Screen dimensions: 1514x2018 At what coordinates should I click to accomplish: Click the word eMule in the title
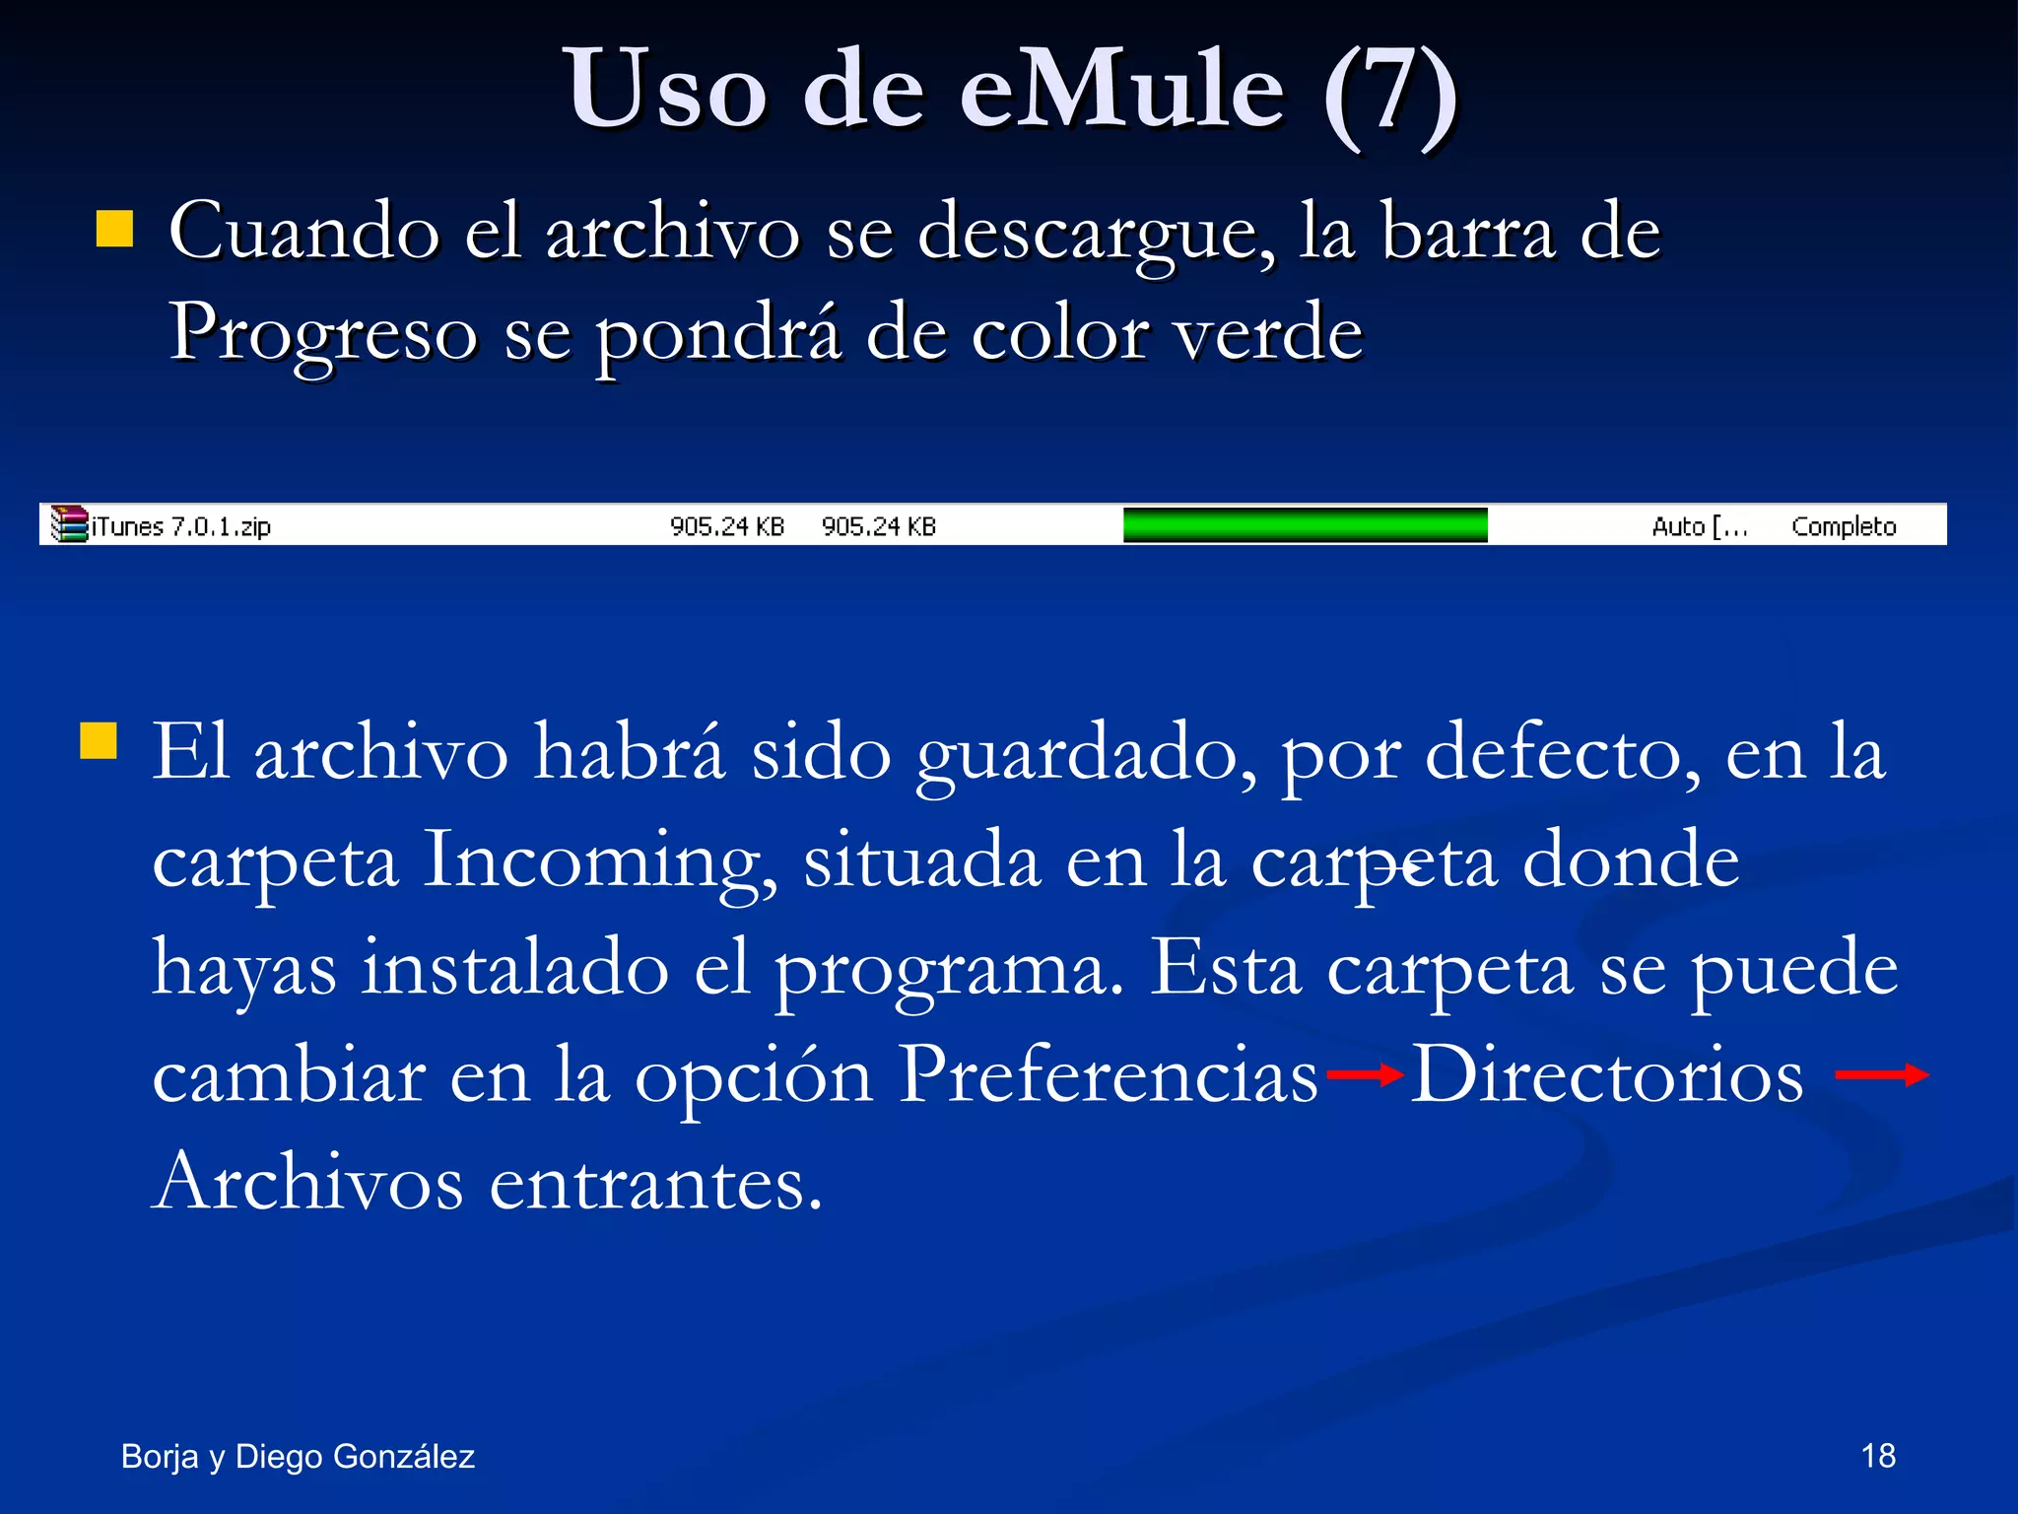point(1122,91)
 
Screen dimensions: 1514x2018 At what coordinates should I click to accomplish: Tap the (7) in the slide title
point(1388,94)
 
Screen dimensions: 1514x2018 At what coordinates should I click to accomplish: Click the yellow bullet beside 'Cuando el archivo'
point(115,229)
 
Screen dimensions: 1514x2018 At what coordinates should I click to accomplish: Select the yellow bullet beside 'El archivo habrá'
point(99,741)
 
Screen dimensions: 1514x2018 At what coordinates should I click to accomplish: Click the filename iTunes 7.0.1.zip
point(181,526)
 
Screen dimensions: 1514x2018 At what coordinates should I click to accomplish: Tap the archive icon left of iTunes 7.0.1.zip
point(69,524)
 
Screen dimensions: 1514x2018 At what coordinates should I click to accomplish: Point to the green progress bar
point(1305,524)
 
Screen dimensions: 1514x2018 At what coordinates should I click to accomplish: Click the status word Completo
point(1843,526)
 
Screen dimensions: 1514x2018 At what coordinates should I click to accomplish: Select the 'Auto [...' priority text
point(1699,526)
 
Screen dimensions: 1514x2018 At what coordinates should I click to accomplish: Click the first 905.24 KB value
point(727,526)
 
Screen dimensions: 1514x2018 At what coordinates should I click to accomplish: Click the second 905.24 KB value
point(878,526)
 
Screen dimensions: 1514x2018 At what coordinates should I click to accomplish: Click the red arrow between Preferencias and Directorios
point(1365,1074)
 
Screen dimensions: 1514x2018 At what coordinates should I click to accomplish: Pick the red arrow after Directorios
point(1881,1074)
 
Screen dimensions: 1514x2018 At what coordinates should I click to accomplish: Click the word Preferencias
point(1108,1074)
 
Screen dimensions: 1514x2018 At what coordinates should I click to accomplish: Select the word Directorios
point(1606,1074)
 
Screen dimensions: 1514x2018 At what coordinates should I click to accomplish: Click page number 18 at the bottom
point(1878,1456)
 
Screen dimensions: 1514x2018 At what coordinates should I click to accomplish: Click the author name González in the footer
point(404,1456)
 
